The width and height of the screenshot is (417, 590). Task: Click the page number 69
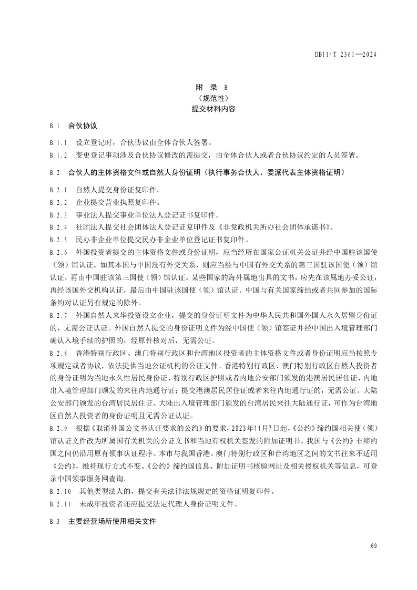point(374,546)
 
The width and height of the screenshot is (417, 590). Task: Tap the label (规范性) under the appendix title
point(209,98)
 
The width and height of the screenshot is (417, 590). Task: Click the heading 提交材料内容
point(209,109)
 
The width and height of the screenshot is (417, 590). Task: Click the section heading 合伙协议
point(83,126)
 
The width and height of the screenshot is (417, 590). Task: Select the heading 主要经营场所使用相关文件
point(112,523)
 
